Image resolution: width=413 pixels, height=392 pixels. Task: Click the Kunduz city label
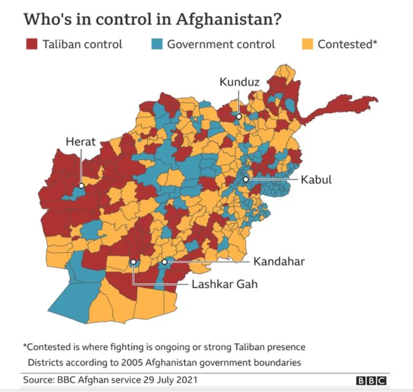[x=239, y=82]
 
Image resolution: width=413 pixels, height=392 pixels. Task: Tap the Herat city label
[x=81, y=141]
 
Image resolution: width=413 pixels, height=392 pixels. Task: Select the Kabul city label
[x=316, y=180]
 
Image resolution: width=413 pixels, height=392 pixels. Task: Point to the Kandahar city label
[x=278, y=261]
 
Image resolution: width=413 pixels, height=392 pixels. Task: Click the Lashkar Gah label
[x=225, y=285]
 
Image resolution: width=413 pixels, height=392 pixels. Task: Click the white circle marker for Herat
[x=81, y=185]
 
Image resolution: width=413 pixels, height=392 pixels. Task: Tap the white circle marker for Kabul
[x=246, y=180]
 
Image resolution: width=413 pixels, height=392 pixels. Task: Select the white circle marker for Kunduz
[x=239, y=116]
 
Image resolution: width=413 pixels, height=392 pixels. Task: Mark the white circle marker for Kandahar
[x=165, y=261]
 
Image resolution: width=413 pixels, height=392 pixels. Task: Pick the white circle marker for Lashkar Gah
[x=133, y=262]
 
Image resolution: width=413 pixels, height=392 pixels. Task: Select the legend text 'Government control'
[x=221, y=44]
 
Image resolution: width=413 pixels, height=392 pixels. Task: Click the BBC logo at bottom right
[x=371, y=380]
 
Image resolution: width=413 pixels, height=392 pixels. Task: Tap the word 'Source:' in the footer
[x=40, y=380]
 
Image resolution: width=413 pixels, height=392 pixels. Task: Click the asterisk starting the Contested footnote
[x=25, y=346]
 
